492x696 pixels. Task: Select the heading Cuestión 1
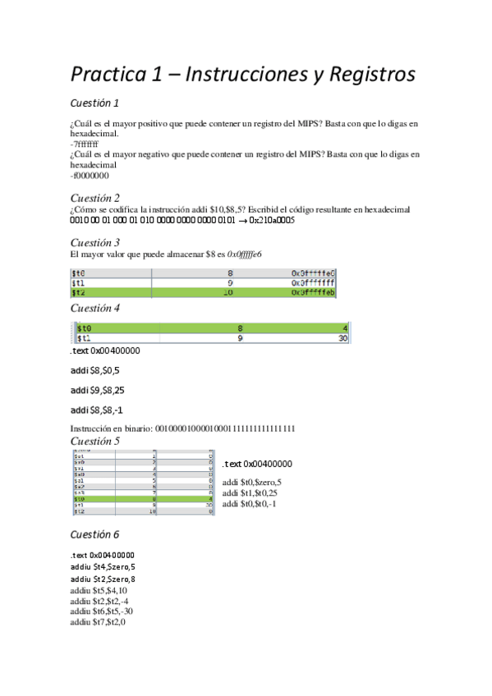coord(94,103)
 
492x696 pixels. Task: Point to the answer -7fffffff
coord(85,143)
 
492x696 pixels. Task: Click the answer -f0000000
coord(90,174)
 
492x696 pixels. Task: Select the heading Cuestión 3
coord(95,242)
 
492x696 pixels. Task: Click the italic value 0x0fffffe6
coord(238,254)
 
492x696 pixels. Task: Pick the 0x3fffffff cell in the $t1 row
coord(313,282)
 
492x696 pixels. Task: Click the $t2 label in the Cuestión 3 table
coord(80,291)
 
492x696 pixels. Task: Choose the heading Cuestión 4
coord(95,308)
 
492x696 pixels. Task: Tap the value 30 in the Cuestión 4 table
coord(344,337)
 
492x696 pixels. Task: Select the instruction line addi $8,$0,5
coord(94,370)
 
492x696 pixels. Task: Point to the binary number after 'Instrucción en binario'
coord(225,428)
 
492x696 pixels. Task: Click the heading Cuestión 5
coord(95,441)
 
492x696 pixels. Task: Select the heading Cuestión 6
coord(94,533)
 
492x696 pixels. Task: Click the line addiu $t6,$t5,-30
coord(102,611)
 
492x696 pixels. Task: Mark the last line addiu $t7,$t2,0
coord(98,622)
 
